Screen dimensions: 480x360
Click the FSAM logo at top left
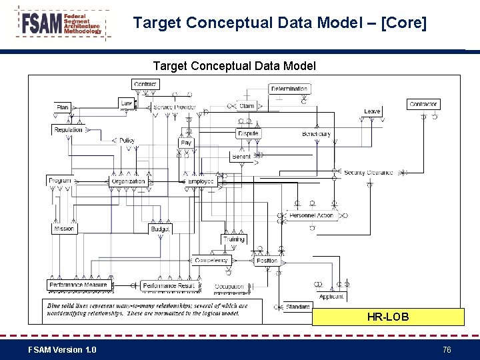click(x=61, y=25)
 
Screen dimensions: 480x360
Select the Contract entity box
click(x=145, y=84)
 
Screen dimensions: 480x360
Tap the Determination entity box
click(x=289, y=89)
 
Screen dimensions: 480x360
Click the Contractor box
click(x=423, y=104)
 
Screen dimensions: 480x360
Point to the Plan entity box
click(x=63, y=107)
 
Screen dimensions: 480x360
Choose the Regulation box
click(x=69, y=130)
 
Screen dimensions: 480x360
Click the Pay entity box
click(x=186, y=143)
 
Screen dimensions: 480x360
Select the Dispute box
click(x=248, y=133)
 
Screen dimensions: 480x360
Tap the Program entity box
click(x=60, y=181)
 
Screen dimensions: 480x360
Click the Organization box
click(x=128, y=181)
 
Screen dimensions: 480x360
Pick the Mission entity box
click(x=64, y=229)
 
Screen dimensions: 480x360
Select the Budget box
click(x=160, y=229)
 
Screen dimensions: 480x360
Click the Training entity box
click(x=234, y=239)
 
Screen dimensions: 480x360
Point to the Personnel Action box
click(x=311, y=215)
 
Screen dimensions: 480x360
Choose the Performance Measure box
click(x=78, y=285)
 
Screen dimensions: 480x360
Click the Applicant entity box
click(x=331, y=297)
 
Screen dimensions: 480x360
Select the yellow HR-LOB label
click(x=388, y=317)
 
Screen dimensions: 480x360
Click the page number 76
click(x=447, y=350)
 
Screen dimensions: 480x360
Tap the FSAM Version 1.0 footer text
click(x=62, y=350)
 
